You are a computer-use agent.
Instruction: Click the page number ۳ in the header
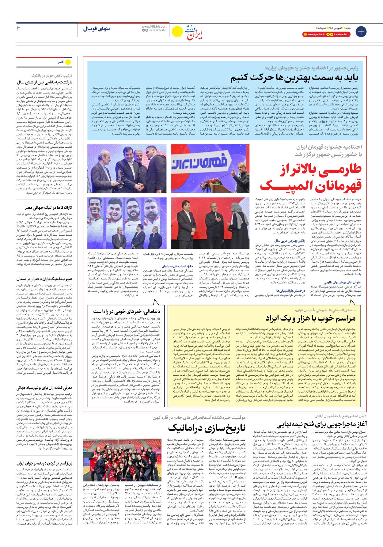(x=18, y=28)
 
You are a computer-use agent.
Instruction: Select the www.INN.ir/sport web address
(x=154, y=27)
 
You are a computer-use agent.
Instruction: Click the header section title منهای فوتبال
(x=97, y=29)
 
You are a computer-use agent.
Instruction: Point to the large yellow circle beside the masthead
(x=177, y=32)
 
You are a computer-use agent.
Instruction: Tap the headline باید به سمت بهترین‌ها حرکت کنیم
(x=294, y=78)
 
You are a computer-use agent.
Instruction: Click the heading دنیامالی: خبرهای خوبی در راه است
(x=127, y=311)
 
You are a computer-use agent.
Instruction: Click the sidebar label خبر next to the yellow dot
(x=61, y=62)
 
